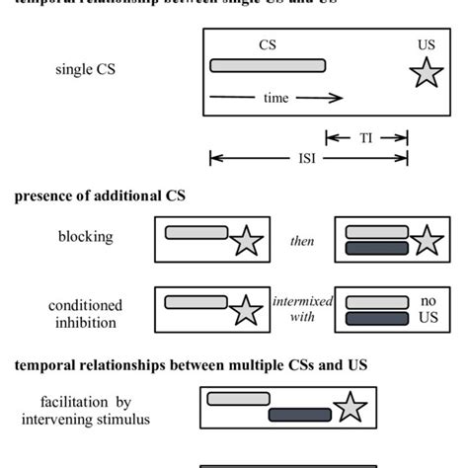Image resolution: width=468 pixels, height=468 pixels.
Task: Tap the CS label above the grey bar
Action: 267,44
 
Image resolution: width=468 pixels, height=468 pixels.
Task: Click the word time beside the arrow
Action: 275,98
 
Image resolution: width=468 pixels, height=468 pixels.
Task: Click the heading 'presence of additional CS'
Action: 100,195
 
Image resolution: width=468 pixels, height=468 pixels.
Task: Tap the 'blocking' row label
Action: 86,237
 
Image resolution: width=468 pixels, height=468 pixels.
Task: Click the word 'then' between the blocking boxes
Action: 302,240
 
